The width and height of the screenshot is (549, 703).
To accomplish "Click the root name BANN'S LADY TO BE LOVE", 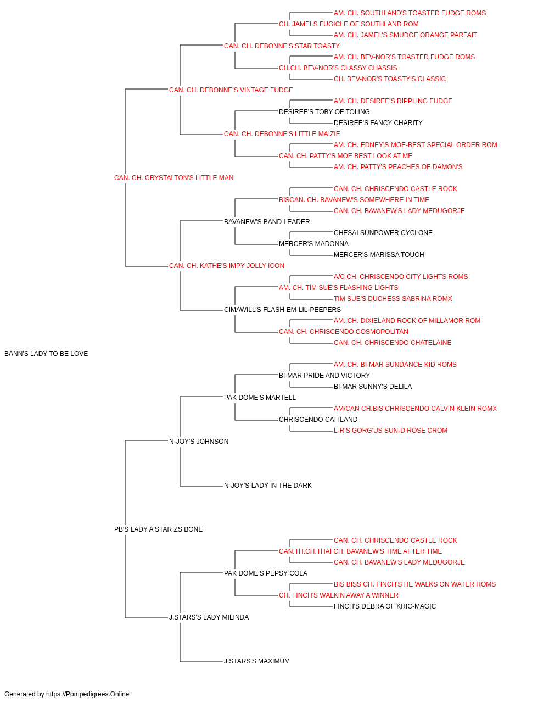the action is coord(46,354).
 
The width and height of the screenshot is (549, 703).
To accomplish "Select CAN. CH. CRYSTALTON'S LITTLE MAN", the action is coord(173,178).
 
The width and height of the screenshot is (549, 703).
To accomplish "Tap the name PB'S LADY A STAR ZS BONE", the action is coord(158,529).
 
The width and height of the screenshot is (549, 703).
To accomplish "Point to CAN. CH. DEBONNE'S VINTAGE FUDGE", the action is coord(231,90).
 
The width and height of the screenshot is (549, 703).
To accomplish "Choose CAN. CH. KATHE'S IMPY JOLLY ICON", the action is coord(227,266).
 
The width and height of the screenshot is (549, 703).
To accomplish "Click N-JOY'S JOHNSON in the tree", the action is coord(199,441).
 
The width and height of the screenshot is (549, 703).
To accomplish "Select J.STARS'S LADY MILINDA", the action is coord(209,617).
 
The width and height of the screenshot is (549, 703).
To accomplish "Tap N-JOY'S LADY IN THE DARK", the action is coord(268,486).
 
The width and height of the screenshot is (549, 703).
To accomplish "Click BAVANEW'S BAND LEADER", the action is coord(267,221).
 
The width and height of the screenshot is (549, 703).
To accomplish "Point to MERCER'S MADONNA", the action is coord(313,244).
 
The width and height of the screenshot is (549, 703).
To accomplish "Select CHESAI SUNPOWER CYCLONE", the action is coord(383,233).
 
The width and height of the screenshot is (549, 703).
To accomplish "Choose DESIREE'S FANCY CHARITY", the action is coord(378,123).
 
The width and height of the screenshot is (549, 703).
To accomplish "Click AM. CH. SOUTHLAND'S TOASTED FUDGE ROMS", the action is coord(410,13).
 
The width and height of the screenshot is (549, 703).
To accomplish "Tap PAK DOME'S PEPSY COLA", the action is coord(266,573).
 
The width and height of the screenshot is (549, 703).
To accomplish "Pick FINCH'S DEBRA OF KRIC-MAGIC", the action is coord(385,606).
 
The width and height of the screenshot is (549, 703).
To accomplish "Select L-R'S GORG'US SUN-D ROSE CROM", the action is coord(390,430).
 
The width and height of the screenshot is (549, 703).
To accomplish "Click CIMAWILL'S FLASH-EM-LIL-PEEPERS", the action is coord(282,310).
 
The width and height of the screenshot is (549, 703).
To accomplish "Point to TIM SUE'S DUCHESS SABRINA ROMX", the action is coord(393,299).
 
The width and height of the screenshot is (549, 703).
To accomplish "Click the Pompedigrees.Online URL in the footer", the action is coord(88,694).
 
